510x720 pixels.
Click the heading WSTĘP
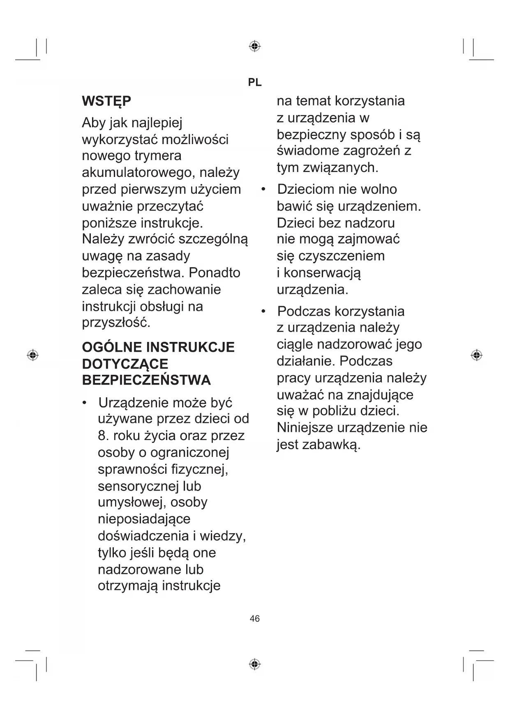(x=106, y=101)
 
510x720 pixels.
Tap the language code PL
(x=255, y=83)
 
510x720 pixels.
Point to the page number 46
(x=255, y=619)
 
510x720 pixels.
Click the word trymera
(x=158, y=156)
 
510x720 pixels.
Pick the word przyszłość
(x=116, y=323)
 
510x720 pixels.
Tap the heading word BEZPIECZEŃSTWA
(x=146, y=381)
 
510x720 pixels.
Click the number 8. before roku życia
(x=103, y=436)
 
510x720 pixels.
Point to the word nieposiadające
(x=144, y=519)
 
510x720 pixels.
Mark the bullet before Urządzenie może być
(x=85, y=403)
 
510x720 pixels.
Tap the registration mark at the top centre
(x=255, y=46)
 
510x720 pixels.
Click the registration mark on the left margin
(x=32, y=355)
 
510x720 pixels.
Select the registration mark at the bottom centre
(x=255, y=664)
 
